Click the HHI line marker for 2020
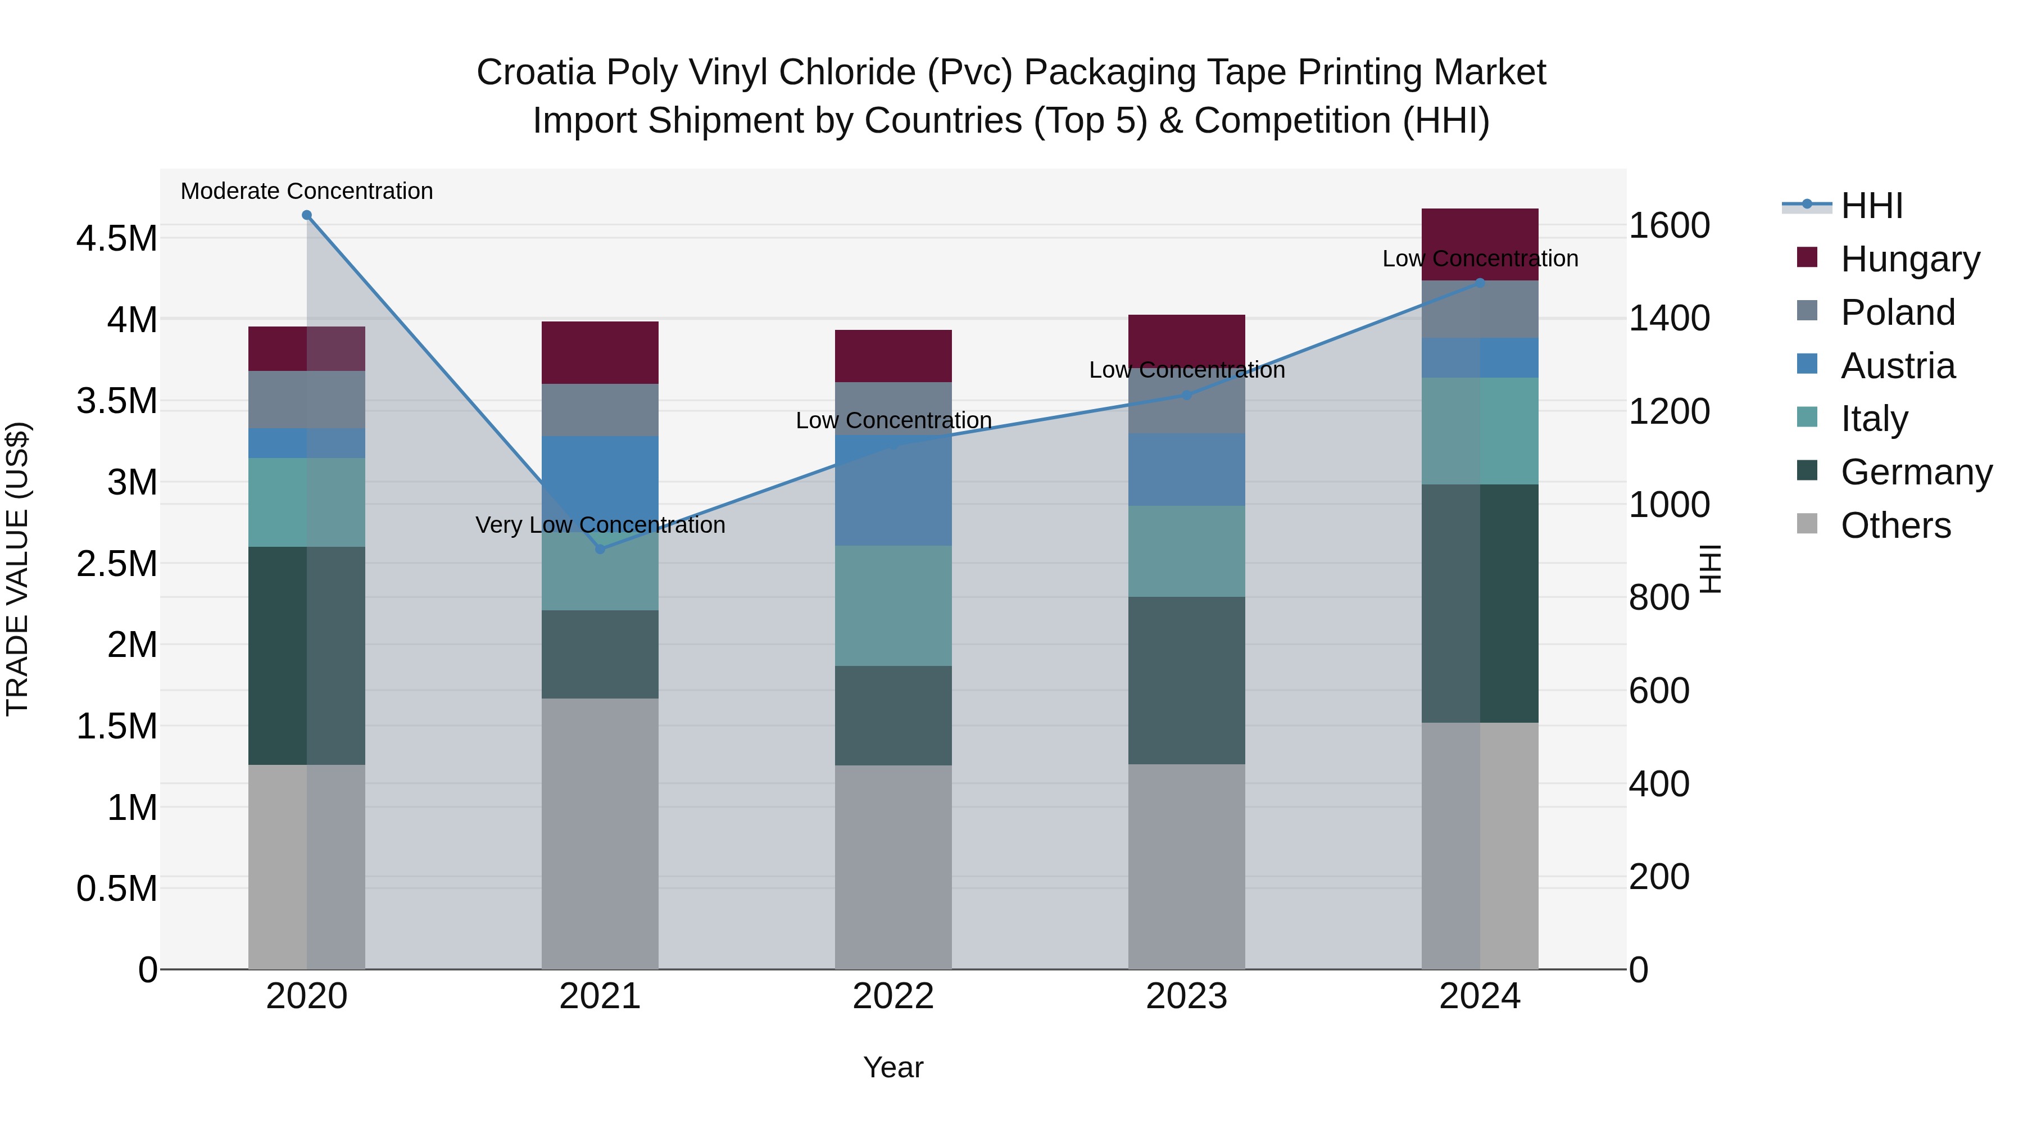point(307,215)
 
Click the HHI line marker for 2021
point(600,549)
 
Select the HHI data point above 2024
point(1480,283)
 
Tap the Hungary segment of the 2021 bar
point(600,352)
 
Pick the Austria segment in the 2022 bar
point(893,491)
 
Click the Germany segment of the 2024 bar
point(1480,603)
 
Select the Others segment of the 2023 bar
point(1187,866)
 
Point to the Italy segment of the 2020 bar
point(307,502)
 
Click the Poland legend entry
point(1897,312)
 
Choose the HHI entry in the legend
point(1871,206)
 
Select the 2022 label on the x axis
point(893,996)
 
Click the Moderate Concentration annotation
point(307,192)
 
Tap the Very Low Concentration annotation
point(600,525)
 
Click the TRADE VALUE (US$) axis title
point(17,569)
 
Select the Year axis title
point(893,1067)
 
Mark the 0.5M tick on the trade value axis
point(116,889)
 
